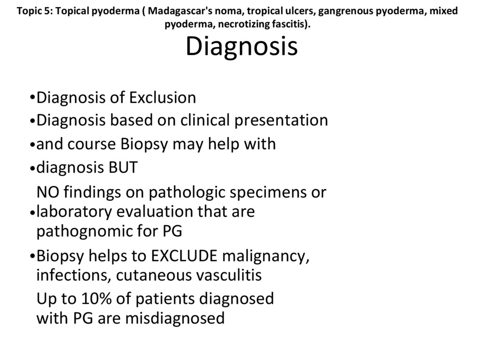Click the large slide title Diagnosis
(x=241, y=46)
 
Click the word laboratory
(x=74, y=212)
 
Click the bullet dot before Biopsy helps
(x=31, y=257)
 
